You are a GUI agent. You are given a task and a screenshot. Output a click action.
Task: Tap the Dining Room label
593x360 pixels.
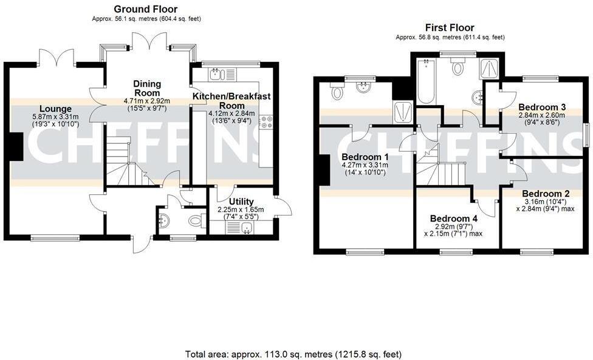148,89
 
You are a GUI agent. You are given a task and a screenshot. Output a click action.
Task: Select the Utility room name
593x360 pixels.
242,202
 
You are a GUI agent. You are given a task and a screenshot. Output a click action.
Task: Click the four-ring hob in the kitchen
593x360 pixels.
266,123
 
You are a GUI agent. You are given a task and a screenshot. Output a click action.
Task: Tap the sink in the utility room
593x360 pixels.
246,228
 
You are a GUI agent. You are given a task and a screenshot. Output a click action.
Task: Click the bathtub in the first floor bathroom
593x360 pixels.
426,82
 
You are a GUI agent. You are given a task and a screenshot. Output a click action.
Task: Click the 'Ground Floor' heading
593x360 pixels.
146,9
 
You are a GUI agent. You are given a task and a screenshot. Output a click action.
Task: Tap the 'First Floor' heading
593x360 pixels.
450,27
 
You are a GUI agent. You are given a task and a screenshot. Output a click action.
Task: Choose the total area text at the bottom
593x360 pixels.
293,353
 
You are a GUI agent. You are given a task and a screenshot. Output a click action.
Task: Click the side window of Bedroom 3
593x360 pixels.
588,134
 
